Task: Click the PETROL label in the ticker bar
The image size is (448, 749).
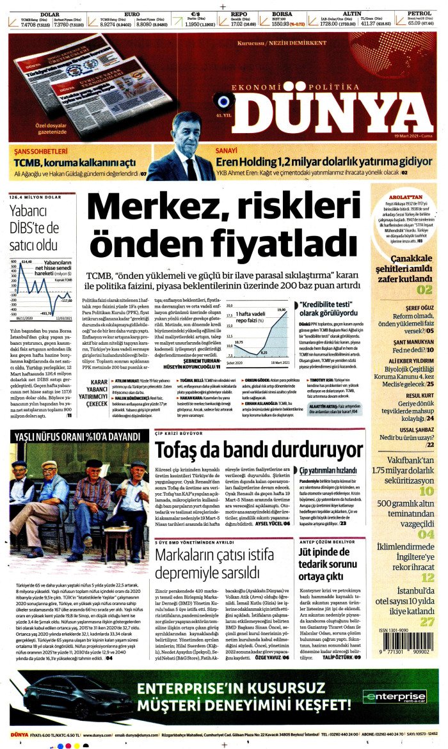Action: point(419,13)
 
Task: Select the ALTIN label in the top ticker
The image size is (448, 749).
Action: point(352,13)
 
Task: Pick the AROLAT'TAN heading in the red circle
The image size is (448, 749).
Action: point(407,196)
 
